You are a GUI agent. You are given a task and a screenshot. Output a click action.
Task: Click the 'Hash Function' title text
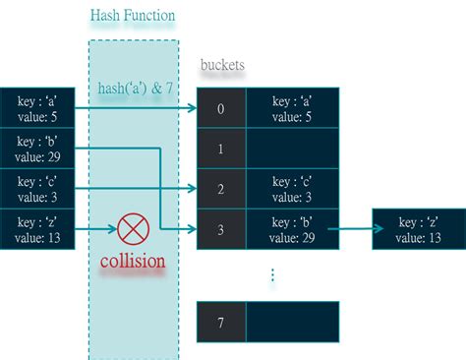[133, 16]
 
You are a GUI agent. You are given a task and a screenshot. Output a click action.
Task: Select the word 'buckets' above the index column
[222, 65]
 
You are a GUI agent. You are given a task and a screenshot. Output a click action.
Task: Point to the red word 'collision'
[132, 264]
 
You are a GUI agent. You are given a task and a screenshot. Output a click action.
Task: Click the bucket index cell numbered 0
[221, 108]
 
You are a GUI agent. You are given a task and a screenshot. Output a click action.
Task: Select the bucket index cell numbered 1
[221, 149]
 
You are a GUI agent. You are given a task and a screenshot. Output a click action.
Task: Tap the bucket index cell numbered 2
[221, 189]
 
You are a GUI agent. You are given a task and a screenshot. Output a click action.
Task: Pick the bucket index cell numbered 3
[221, 229]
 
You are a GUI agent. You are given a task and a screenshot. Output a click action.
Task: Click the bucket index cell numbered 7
[221, 321]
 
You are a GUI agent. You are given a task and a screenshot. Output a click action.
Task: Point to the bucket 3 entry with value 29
[292, 229]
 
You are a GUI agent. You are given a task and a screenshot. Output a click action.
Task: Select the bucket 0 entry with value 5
[292, 108]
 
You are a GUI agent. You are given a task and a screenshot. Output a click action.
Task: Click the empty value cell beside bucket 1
[292, 149]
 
